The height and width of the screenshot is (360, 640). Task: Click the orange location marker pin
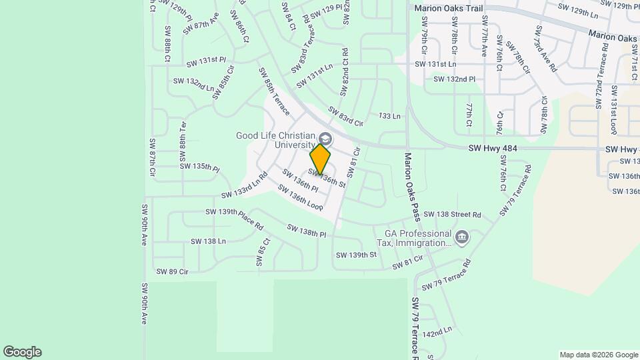point(321,159)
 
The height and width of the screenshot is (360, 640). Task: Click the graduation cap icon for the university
point(325,139)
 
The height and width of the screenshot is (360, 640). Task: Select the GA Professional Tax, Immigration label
point(418,239)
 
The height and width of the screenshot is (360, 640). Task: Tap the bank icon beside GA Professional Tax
point(461,237)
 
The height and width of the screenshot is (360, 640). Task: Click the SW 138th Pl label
point(307,231)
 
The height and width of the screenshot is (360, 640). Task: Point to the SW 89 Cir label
point(173,271)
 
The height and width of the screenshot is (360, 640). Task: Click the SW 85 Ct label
point(261,253)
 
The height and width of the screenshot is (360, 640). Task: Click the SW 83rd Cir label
point(345,116)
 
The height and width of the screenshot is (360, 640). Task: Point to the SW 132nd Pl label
point(455,79)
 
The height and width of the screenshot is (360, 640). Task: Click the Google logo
point(22,352)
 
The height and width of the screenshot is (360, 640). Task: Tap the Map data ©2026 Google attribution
point(598,355)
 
